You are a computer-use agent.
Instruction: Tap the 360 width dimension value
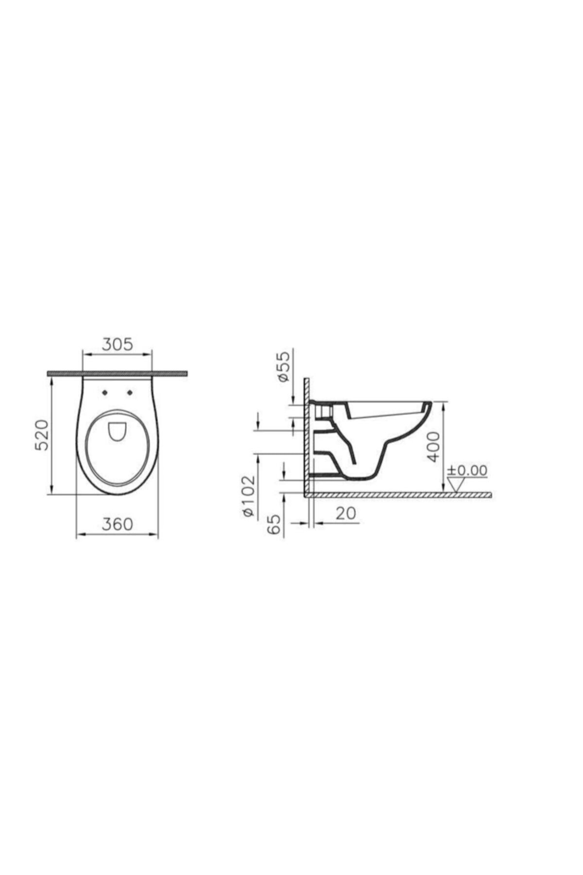(117, 524)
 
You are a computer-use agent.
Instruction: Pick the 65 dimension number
(274, 525)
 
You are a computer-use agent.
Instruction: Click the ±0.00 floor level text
(467, 471)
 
